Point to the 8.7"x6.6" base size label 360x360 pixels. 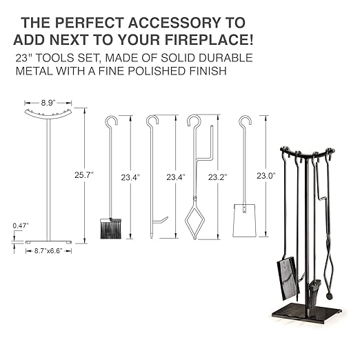point(49,252)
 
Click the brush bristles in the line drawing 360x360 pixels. point(110,228)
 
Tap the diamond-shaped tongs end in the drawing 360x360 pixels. point(194,221)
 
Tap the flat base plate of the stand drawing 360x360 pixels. point(48,241)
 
